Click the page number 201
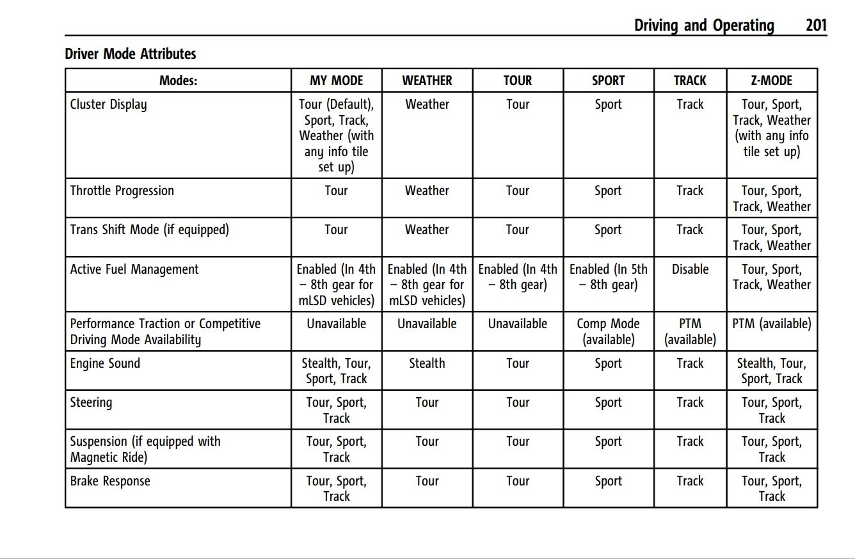[x=816, y=26]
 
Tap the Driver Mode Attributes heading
[x=131, y=54]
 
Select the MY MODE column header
[x=336, y=81]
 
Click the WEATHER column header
[x=427, y=81]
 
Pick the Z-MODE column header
[x=771, y=81]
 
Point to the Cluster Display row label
[x=108, y=104]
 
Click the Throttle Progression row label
[x=122, y=191]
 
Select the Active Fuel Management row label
[x=134, y=269]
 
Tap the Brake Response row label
[x=110, y=481]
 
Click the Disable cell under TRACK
[x=690, y=269]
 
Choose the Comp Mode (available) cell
[x=608, y=331]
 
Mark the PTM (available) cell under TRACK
[x=690, y=331]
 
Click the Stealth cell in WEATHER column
[x=427, y=363]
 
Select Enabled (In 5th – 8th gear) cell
[x=608, y=277]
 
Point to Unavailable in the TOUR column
[x=517, y=324]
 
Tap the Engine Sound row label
[x=105, y=363]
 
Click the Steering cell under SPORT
[x=608, y=402]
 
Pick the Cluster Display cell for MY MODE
[x=336, y=136]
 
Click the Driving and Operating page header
[x=704, y=26]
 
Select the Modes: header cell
[x=178, y=81]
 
